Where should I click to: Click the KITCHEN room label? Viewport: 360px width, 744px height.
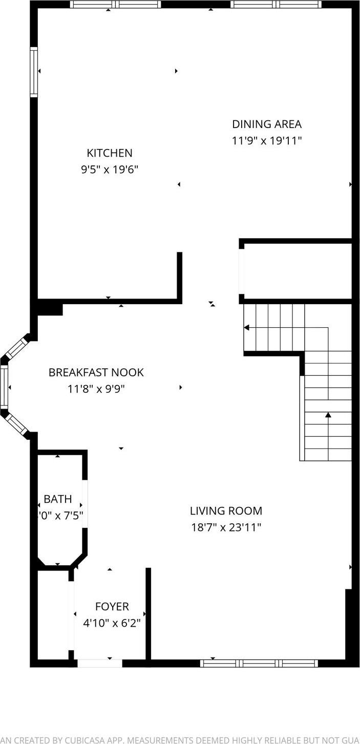click(110, 153)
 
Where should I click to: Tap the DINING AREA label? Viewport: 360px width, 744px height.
click(267, 124)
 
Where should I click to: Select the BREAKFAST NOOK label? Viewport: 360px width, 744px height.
click(96, 372)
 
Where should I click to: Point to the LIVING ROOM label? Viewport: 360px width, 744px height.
click(226, 511)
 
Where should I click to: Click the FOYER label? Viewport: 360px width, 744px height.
click(112, 607)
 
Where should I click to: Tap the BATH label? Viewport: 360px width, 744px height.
click(57, 499)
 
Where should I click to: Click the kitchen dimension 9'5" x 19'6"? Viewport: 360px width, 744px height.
click(110, 169)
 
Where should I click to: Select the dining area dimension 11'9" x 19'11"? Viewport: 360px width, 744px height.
click(267, 141)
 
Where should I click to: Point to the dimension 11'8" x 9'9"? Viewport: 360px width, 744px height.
click(96, 389)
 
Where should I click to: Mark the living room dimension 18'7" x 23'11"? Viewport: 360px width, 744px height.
click(226, 527)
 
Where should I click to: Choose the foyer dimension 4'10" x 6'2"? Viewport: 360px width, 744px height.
click(112, 623)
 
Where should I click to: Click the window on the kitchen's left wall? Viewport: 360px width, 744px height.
click(34, 72)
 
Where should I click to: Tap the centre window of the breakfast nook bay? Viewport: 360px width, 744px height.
click(5, 387)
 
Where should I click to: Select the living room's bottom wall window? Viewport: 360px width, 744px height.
click(259, 663)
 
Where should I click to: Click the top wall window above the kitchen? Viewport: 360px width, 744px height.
click(115, 5)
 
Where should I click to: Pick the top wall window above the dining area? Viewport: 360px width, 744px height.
click(276, 5)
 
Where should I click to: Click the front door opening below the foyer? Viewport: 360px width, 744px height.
click(99, 663)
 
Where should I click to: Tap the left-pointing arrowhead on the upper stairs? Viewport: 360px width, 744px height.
click(246, 328)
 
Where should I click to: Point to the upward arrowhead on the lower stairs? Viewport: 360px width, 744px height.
click(328, 415)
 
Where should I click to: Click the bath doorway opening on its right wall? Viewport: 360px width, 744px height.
click(86, 504)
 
